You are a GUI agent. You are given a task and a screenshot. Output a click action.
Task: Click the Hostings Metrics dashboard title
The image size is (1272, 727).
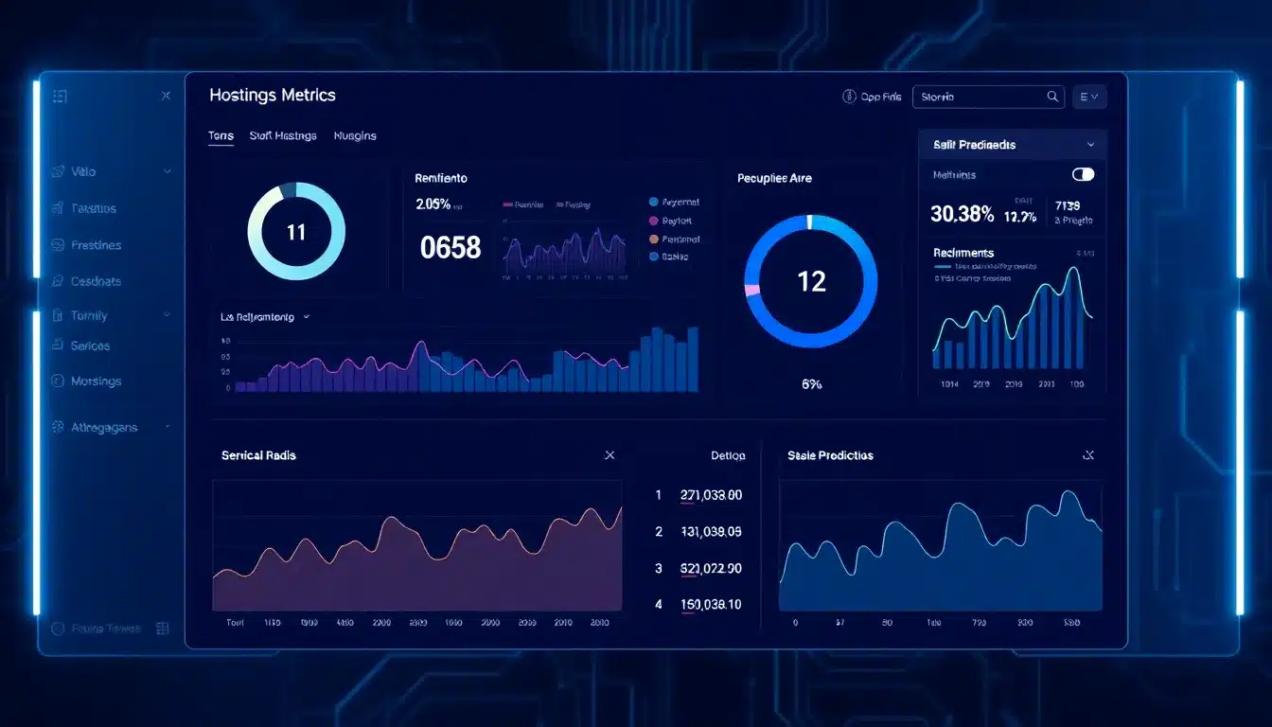pos(273,95)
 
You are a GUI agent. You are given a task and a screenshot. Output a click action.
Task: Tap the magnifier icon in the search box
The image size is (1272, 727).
pos(1052,97)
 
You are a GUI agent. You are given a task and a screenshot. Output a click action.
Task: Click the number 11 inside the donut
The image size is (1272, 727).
pos(296,232)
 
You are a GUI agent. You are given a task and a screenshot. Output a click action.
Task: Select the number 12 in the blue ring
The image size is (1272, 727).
pos(811,281)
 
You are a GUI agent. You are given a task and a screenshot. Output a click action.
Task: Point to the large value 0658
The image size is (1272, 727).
pos(450,248)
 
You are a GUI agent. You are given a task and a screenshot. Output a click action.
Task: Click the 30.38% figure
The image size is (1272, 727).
pos(962,215)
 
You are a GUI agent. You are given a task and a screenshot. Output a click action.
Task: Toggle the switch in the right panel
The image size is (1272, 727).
pos(1083,174)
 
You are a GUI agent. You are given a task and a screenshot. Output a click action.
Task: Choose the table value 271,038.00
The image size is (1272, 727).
pos(711,494)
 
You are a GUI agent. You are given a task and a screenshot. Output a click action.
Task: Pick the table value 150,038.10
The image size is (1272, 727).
pos(711,604)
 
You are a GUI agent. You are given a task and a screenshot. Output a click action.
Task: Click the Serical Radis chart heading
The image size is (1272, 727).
pos(258,455)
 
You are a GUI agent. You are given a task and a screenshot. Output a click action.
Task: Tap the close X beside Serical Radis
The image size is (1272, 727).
pos(609,455)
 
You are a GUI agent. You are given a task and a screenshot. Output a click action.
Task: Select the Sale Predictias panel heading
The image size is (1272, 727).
pos(830,455)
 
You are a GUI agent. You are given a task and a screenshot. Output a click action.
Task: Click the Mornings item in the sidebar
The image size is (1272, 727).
pos(97,381)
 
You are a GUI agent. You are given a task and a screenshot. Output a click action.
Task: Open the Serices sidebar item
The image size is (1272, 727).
pos(91,346)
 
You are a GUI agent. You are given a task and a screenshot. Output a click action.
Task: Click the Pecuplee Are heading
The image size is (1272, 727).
pos(774,178)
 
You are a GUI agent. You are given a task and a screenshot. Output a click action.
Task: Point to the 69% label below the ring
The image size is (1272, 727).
pos(811,384)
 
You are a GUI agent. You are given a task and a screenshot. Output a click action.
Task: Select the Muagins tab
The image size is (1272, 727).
pos(355,136)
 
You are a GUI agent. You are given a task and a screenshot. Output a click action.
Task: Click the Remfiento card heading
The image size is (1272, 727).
pos(441,178)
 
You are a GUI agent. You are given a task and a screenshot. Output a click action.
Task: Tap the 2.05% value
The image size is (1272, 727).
pos(433,204)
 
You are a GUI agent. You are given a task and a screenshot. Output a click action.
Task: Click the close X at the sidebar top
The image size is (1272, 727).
pos(166,96)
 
